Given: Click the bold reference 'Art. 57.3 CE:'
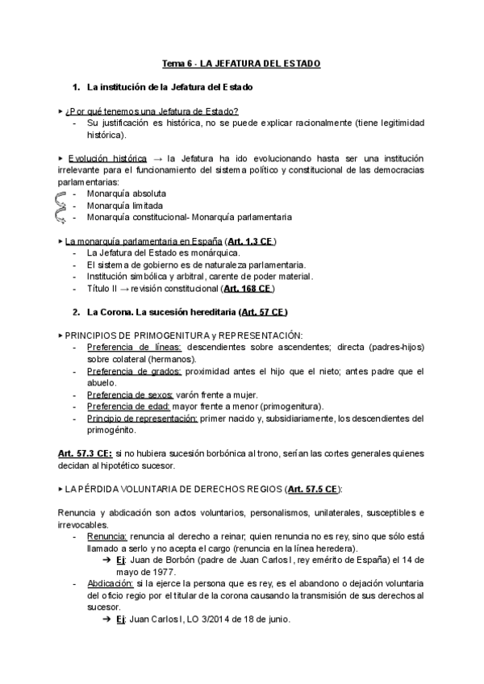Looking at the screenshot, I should click(85, 453).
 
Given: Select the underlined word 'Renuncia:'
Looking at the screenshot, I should click(106, 536).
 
